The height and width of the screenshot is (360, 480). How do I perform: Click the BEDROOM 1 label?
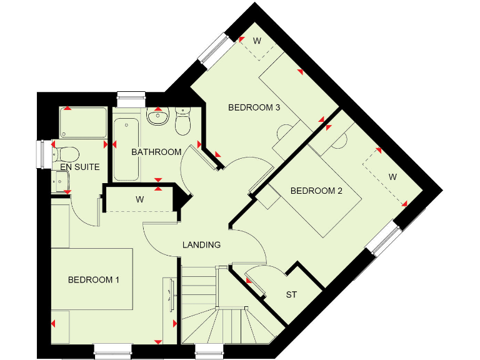(93, 279)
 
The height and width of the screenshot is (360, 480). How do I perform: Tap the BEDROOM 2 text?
(316, 191)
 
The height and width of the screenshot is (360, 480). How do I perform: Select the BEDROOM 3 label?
(253, 107)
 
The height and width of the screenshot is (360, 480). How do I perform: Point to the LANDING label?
(201, 244)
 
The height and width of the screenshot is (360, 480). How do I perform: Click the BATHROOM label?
(156, 152)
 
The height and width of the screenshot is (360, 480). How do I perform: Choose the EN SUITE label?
(76, 167)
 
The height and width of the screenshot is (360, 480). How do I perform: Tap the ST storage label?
(291, 294)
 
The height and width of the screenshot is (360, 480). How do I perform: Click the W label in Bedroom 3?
(257, 41)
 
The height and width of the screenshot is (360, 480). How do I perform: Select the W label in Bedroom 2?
(392, 177)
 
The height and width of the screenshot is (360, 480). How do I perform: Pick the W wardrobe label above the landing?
(139, 200)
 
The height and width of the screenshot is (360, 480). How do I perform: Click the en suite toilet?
(65, 153)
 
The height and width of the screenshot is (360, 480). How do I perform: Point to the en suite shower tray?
(83, 123)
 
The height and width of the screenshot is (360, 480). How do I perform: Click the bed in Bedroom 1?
(92, 279)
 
